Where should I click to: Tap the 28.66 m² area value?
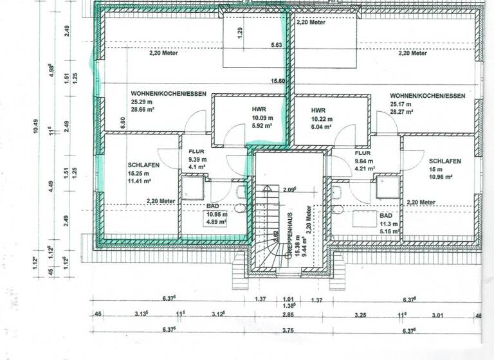144,111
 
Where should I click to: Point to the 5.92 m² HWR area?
261,127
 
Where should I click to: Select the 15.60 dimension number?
278,81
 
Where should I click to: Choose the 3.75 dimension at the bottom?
289,331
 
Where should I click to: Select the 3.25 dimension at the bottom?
361,316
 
